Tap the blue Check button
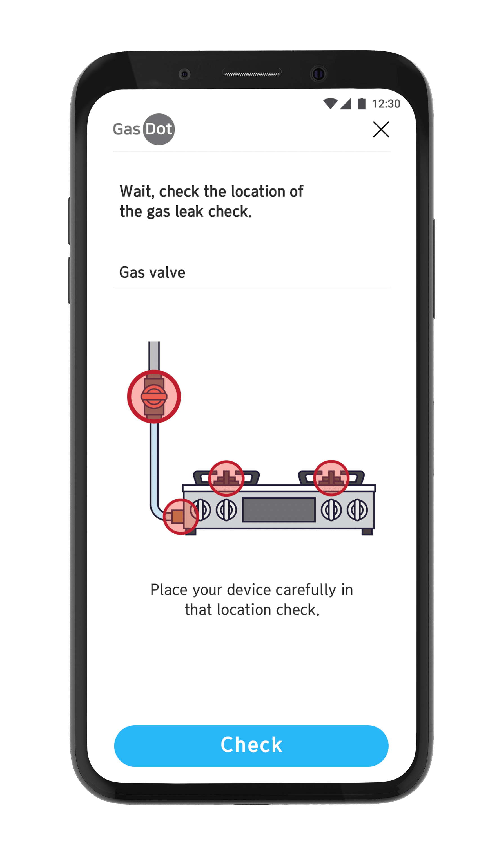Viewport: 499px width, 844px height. click(251, 746)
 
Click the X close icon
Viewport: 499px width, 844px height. click(381, 129)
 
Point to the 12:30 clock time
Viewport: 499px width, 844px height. click(386, 104)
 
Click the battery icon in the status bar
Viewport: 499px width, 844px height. click(362, 104)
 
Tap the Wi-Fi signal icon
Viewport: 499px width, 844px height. click(330, 104)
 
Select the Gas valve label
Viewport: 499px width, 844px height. click(152, 272)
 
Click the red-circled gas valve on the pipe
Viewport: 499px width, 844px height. click(154, 396)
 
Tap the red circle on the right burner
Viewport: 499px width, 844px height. click(331, 478)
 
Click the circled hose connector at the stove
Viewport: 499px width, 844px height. click(181, 517)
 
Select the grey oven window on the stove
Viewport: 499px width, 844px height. click(279, 509)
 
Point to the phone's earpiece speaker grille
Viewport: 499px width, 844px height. click(252, 73)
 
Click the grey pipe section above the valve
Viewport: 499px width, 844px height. click(154, 356)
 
